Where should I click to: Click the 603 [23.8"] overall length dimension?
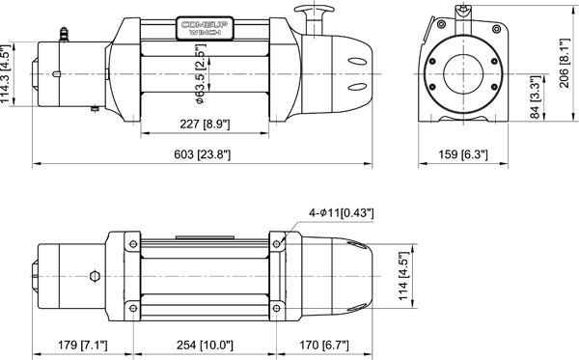click(202, 154)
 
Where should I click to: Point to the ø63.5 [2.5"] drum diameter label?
click(201, 79)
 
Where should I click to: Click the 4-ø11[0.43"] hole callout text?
click(342, 211)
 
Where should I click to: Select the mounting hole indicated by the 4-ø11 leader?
click(278, 241)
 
